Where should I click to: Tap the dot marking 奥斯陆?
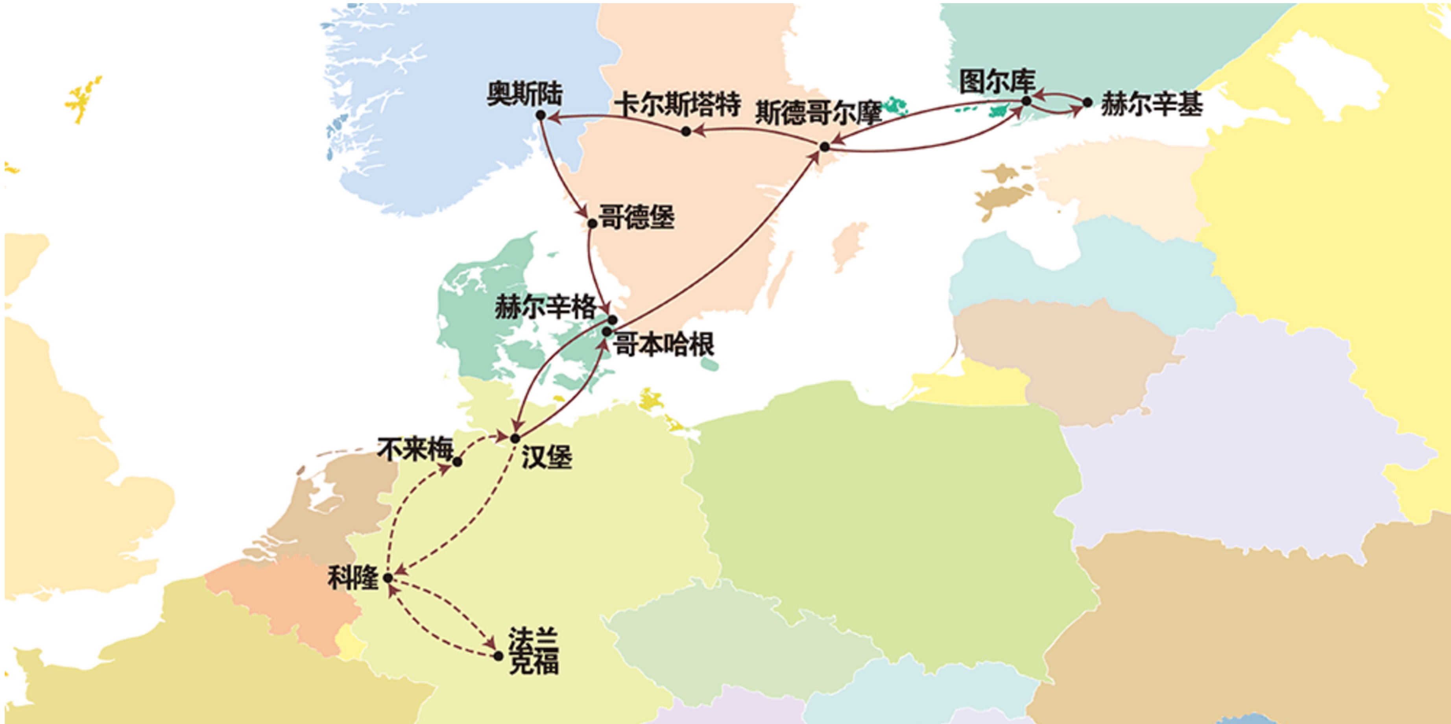point(541,115)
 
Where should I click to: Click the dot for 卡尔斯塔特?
point(685,132)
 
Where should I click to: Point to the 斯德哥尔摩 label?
point(818,112)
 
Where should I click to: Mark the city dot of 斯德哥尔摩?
point(825,147)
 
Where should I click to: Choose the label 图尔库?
point(997,82)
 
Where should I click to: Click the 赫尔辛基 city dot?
point(1087,103)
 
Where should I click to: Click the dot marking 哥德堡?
point(592,223)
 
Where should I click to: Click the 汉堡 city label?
point(546,457)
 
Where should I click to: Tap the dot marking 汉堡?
point(515,438)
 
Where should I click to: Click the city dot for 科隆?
point(388,578)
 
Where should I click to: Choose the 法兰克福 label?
point(534,651)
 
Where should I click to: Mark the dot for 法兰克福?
point(498,656)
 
